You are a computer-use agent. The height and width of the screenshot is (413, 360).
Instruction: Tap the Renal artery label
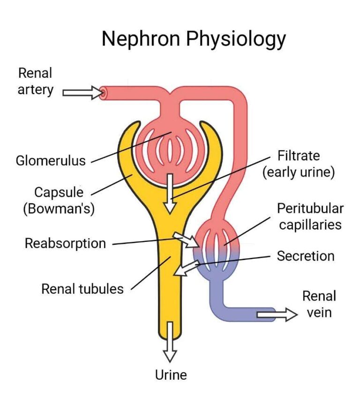click(x=35, y=81)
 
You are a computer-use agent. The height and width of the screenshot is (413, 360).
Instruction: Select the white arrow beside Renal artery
click(x=82, y=92)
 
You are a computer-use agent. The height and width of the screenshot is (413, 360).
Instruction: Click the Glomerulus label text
click(x=51, y=161)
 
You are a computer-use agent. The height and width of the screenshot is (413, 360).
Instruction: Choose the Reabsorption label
click(x=65, y=244)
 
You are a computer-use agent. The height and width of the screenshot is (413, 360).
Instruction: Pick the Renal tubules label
click(x=82, y=288)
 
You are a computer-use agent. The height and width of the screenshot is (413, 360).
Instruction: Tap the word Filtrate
click(x=299, y=155)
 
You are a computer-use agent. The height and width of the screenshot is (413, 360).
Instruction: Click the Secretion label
click(x=306, y=256)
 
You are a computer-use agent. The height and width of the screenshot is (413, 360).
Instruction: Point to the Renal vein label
click(x=319, y=304)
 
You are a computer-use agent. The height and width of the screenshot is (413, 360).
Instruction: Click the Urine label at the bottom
click(x=171, y=375)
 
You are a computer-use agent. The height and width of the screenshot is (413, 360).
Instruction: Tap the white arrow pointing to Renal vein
click(x=277, y=315)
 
